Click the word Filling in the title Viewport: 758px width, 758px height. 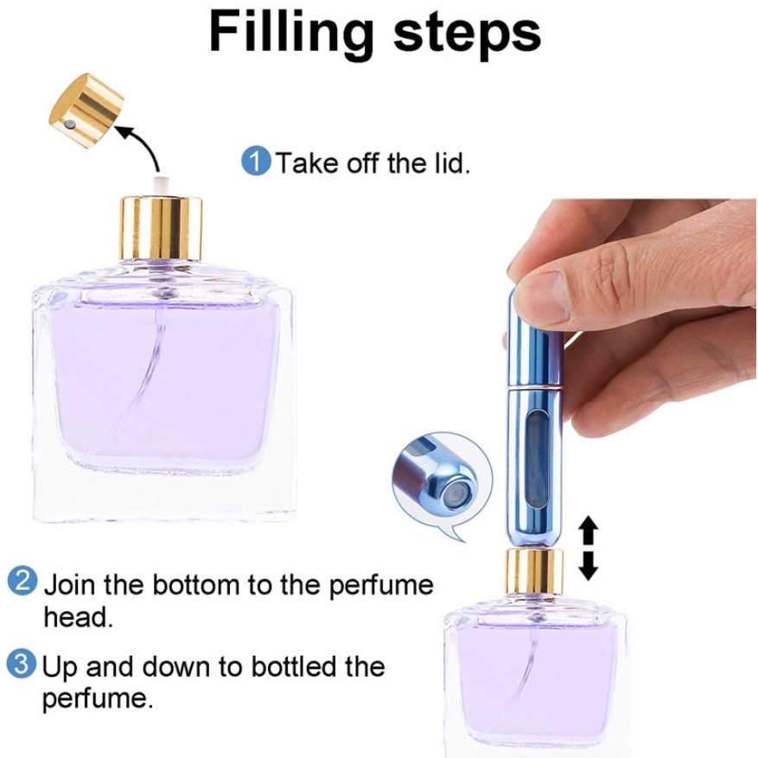(291, 33)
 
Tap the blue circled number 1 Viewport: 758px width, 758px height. (256, 162)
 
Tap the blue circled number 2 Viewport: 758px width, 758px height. (22, 582)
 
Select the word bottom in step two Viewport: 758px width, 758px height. (195, 584)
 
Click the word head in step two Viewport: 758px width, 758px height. (78, 617)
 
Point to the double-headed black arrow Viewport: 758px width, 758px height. (589, 547)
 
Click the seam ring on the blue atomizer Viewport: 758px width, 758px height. (533, 386)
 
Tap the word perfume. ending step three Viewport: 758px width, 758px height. (97, 699)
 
